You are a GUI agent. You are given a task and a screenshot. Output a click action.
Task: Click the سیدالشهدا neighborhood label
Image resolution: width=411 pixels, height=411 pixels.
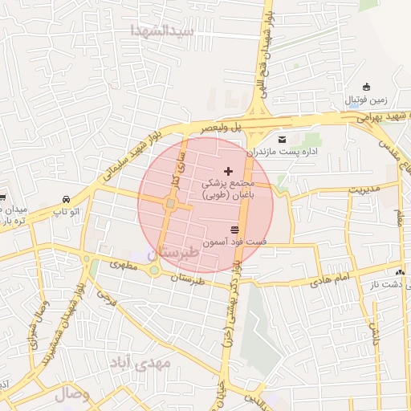click(164, 31)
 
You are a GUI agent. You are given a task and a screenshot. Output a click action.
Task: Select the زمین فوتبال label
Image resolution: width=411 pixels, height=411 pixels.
click(367, 100)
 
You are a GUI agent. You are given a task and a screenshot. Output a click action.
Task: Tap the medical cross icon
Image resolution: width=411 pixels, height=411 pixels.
click(229, 170)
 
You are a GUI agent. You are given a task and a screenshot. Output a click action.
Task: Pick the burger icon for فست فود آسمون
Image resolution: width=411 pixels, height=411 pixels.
click(234, 230)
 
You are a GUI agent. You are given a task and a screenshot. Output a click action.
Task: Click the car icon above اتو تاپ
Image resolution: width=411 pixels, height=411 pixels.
click(65, 198)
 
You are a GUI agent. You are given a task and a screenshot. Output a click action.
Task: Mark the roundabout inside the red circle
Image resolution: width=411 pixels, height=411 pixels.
click(170, 205)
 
